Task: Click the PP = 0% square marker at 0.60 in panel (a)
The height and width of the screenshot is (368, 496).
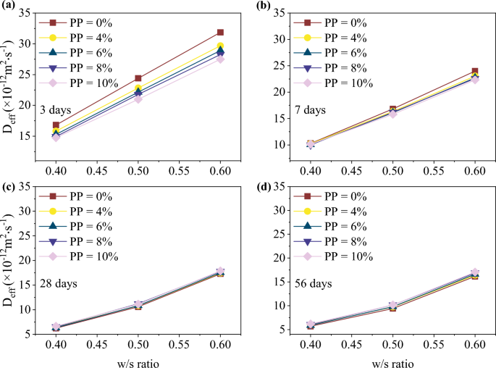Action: (x=220, y=33)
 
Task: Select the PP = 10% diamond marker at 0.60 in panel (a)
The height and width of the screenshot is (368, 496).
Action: (x=220, y=59)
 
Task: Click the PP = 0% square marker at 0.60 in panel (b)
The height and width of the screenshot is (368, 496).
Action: (x=475, y=71)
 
